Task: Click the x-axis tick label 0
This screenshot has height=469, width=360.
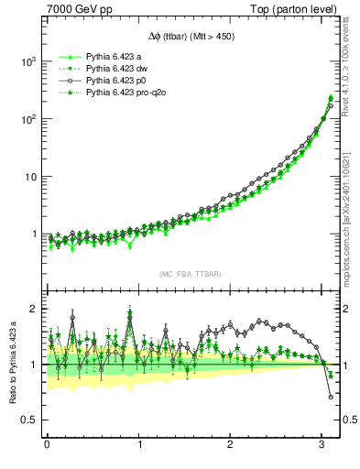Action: coord(47,445)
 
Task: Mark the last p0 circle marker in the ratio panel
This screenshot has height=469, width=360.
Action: coord(331,397)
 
